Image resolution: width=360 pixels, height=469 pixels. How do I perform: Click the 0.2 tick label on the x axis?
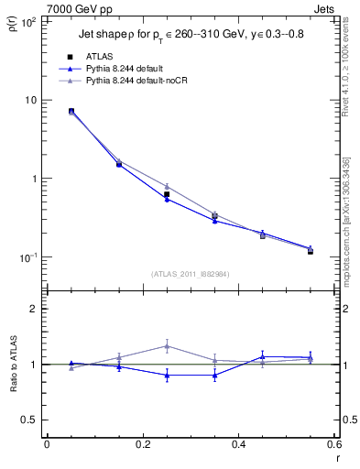click(x=142, y=446)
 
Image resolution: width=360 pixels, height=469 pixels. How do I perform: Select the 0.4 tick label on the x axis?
click(x=238, y=446)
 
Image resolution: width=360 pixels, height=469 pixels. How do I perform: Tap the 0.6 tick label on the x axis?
click(x=333, y=446)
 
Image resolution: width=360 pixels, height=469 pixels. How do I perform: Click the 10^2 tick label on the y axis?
click(x=27, y=22)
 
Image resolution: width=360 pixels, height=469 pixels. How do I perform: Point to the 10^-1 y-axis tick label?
click(x=27, y=258)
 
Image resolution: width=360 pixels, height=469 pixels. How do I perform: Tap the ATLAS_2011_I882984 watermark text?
click(x=190, y=273)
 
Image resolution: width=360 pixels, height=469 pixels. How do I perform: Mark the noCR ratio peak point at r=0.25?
click(x=167, y=345)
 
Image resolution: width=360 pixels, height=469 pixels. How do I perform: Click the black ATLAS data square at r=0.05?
click(x=71, y=111)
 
